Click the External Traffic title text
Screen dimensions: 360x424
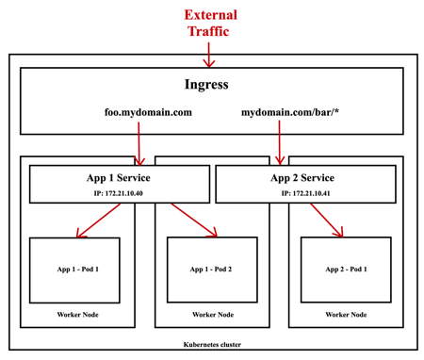210,24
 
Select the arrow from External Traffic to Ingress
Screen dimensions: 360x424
210,56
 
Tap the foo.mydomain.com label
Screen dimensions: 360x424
148,113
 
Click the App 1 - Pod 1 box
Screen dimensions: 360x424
74,270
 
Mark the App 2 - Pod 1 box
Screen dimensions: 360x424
345,270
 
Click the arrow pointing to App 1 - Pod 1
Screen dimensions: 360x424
98,221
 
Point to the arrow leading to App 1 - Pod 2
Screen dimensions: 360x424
193,221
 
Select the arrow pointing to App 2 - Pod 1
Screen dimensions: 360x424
326,221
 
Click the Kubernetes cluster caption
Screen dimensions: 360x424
211,345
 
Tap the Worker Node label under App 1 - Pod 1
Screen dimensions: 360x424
74,315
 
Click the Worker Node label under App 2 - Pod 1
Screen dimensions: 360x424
345,315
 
